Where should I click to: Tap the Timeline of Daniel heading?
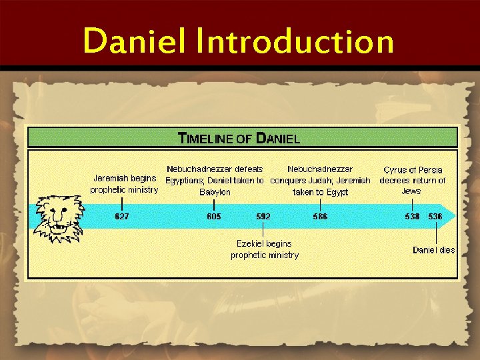click(x=239, y=139)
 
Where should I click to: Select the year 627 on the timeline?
click(x=121, y=217)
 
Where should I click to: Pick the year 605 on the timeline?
click(x=213, y=217)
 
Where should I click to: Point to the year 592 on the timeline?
click(x=263, y=217)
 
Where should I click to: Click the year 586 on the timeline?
click(x=320, y=217)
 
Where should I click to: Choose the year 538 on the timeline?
click(x=412, y=217)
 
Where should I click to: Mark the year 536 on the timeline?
click(x=435, y=217)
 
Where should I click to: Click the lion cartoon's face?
click(x=59, y=217)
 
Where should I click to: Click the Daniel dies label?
click(x=433, y=250)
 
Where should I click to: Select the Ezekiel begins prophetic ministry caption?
click(x=265, y=249)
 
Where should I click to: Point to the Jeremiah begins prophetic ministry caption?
click(x=124, y=184)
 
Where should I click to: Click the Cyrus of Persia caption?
click(x=413, y=180)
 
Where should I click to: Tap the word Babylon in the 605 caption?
click(x=215, y=192)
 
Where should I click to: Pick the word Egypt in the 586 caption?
click(x=337, y=192)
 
